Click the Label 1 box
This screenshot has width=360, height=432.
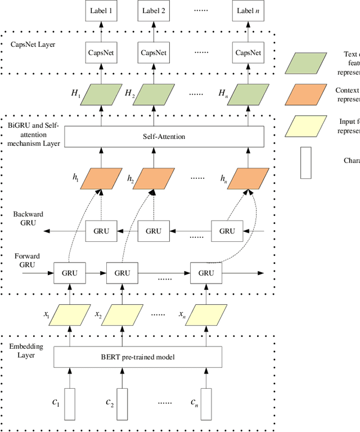point(102,10)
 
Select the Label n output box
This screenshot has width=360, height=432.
point(249,10)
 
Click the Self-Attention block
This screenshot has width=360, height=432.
point(164,137)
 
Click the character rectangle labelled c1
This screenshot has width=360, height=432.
point(70,404)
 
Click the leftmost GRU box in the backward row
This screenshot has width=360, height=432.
point(102,231)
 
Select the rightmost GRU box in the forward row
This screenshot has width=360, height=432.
point(206,273)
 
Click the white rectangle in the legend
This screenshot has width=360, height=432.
point(305,163)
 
